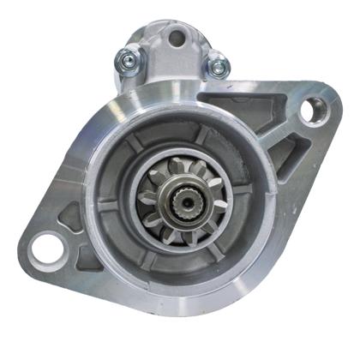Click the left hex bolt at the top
(128, 59)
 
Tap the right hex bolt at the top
(219, 63)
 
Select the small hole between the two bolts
(177, 38)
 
